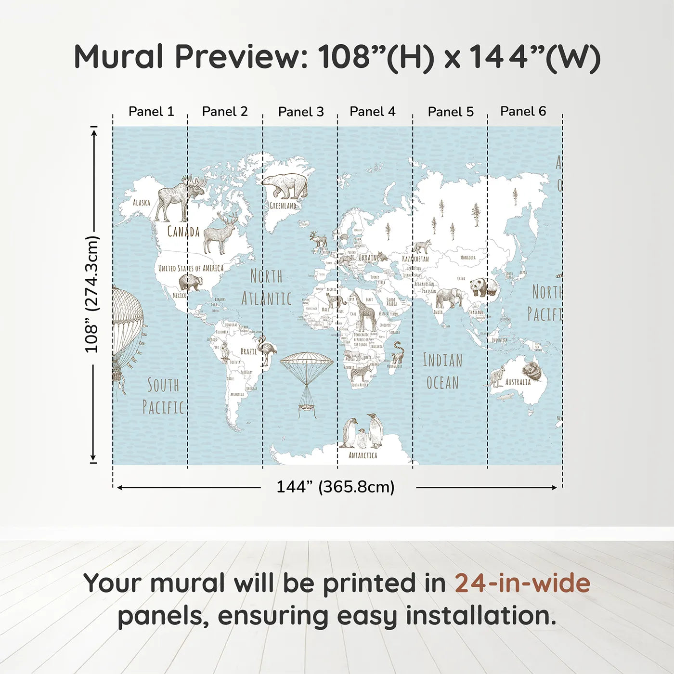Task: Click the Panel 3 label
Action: click(301, 112)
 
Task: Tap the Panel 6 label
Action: click(523, 111)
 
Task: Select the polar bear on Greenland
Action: click(285, 185)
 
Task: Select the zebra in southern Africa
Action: click(361, 374)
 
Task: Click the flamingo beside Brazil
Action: click(266, 350)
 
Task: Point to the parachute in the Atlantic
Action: click(307, 380)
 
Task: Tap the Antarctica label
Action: click(363, 455)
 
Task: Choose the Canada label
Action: click(183, 232)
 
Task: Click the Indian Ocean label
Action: click(442, 371)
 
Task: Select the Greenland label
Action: click(283, 206)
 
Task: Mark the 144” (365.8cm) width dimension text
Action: click(335, 487)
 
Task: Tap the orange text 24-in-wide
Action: click(522, 583)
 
